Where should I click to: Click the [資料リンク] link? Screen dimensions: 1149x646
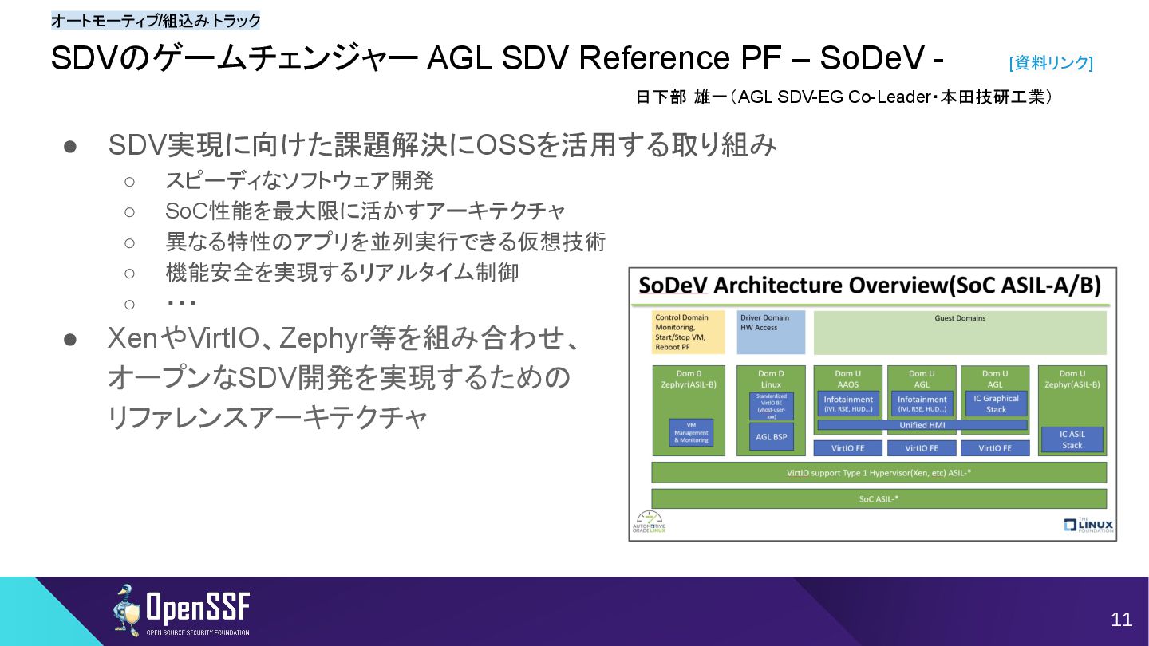[1051, 63]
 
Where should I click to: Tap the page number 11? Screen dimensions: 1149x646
[1121, 620]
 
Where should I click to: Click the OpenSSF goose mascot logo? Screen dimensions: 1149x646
[126, 611]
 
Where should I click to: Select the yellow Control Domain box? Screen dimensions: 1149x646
[689, 332]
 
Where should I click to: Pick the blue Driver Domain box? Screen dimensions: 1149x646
[771, 332]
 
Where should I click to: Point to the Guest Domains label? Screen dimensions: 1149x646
[960, 318]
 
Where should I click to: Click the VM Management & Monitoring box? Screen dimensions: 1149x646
[691, 433]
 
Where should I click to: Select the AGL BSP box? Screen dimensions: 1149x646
[771, 436]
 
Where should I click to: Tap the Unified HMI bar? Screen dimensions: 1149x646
[922, 425]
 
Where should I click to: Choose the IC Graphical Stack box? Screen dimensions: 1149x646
[996, 404]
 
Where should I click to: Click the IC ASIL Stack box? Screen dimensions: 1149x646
[1072, 439]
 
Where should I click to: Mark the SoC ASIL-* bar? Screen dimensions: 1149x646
[879, 498]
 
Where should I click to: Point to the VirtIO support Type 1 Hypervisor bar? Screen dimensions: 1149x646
[879, 473]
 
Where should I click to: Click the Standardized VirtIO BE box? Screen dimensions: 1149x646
[771, 406]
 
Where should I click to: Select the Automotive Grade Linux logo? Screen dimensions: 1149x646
[649, 522]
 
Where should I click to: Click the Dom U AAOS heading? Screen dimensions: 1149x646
[848, 378]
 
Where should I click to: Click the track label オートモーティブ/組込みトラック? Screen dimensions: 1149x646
[156, 21]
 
